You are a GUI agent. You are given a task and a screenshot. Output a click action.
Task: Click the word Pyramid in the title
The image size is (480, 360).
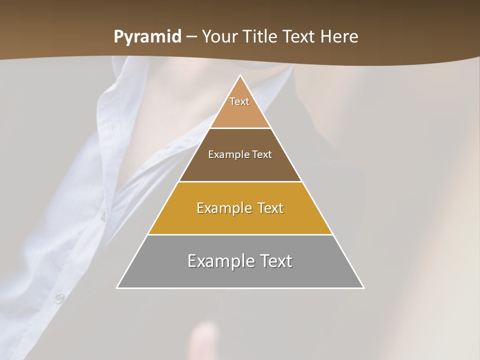click(147, 37)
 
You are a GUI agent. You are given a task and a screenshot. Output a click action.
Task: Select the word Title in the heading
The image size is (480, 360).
click(262, 37)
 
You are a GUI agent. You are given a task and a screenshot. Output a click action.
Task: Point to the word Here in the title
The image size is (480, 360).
click(339, 37)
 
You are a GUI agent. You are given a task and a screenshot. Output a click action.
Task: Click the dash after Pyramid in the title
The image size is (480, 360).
click(191, 37)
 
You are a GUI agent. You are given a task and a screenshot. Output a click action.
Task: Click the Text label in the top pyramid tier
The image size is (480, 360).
click(239, 101)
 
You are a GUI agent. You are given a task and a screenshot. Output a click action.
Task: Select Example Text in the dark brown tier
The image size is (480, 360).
click(240, 154)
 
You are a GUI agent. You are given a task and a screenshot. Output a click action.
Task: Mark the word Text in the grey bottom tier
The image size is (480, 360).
click(273, 261)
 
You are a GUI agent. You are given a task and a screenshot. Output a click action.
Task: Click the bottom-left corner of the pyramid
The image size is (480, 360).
click(117, 288)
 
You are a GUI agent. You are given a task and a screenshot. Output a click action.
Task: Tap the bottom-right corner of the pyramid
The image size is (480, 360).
click(363, 288)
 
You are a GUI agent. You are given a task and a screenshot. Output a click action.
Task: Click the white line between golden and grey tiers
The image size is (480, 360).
click(240, 235)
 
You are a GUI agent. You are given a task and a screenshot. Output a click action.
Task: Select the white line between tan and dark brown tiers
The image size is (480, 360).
click(240, 128)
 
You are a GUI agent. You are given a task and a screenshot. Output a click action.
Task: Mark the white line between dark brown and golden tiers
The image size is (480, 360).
click(240, 181)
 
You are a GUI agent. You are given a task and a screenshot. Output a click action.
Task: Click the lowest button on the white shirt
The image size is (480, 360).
click(60, 298)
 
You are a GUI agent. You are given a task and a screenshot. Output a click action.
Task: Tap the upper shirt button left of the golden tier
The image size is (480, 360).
click(103, 216)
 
